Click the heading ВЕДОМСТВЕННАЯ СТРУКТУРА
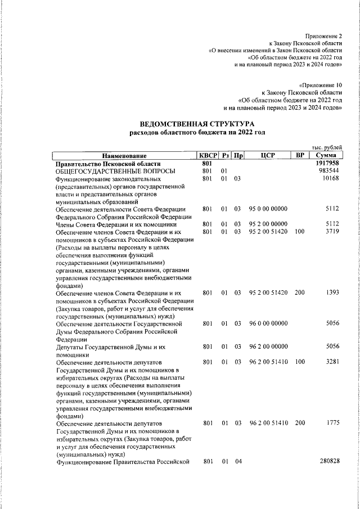click(197, 123)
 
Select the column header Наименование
click(124, 156)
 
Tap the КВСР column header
click(206, 155)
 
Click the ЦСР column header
click(268, 155)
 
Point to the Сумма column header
click(326, 155)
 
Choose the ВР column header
click(300, 155)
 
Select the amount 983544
click(329, 171)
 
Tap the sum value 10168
click(331, 179)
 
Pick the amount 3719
click(332, 232)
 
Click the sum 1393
click(332, 293)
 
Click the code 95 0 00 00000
click(268, 209)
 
